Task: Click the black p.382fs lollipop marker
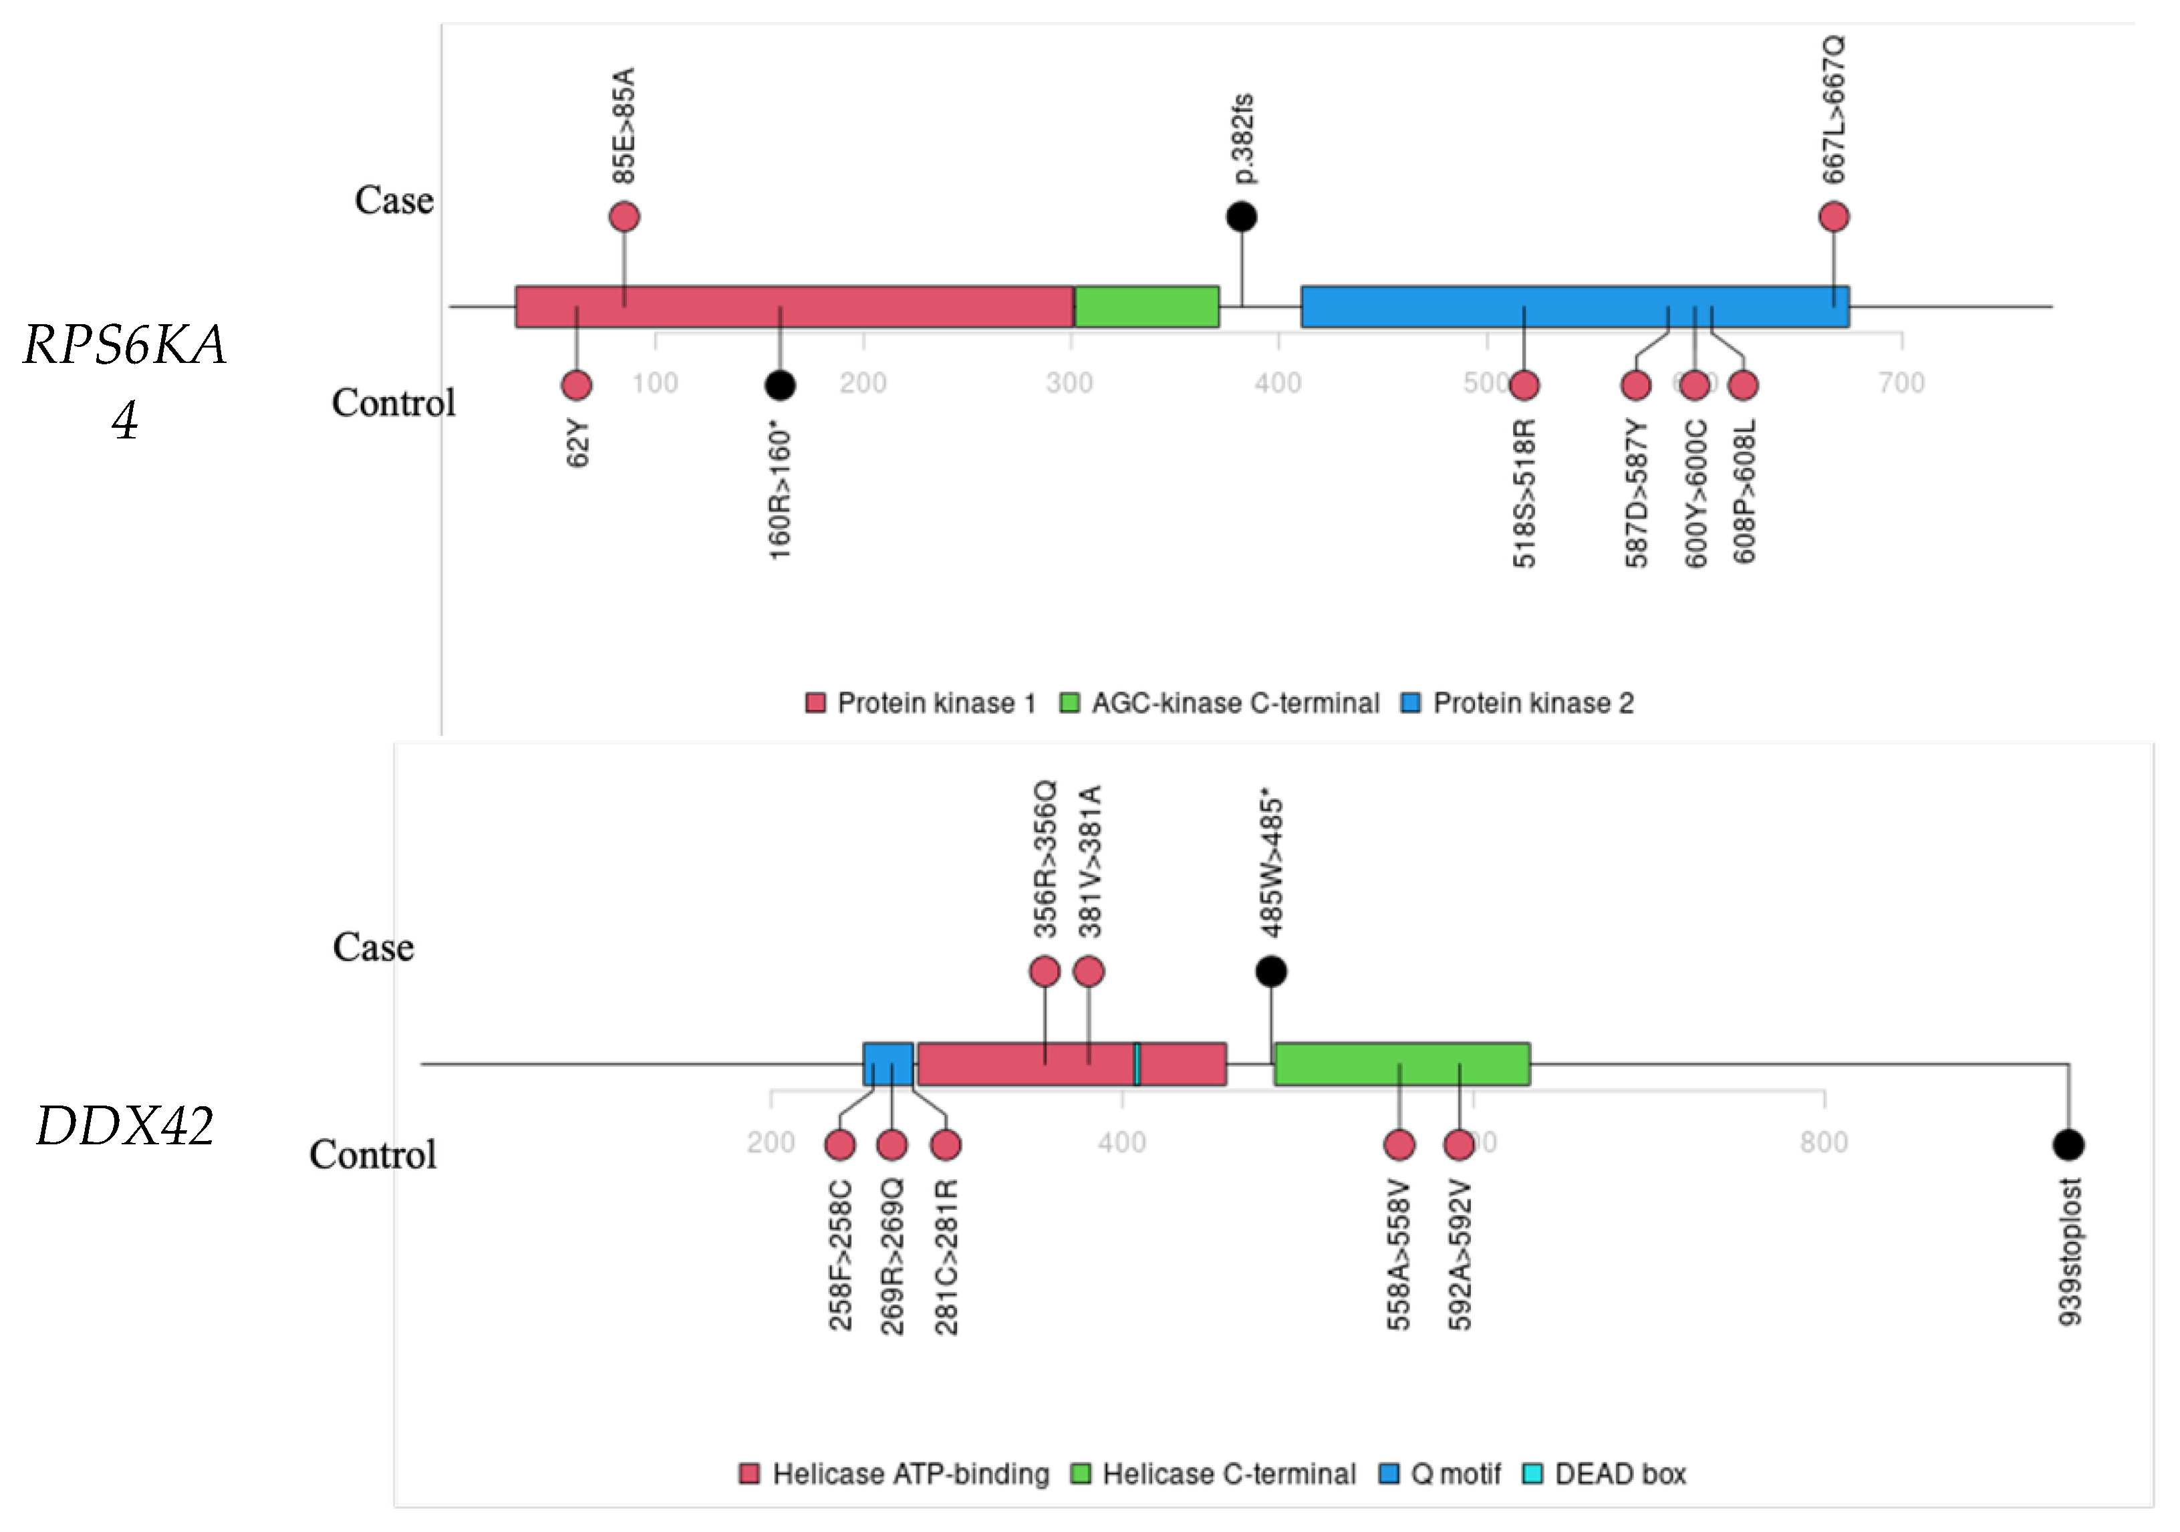[1241, 217]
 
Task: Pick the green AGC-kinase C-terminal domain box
[1147, 307]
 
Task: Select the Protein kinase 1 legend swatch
[815, 703]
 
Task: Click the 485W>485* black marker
[1271, 972]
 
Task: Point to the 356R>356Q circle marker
[1045, 972]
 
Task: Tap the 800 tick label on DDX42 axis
[1823, 1142]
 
